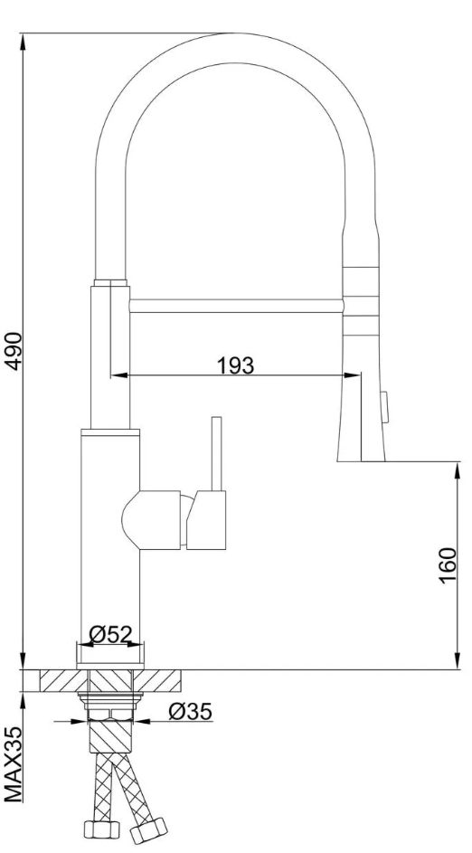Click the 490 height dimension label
[14, 351]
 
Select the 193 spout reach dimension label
[235, 365]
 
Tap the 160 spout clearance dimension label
[448, 565]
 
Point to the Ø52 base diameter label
[110, 634]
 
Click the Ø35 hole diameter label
[190, 711]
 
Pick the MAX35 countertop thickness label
[14, 763]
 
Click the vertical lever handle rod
[216, 454]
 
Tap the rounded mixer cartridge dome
[131, 519]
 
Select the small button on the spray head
[385, 408]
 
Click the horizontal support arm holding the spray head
[237, 305]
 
